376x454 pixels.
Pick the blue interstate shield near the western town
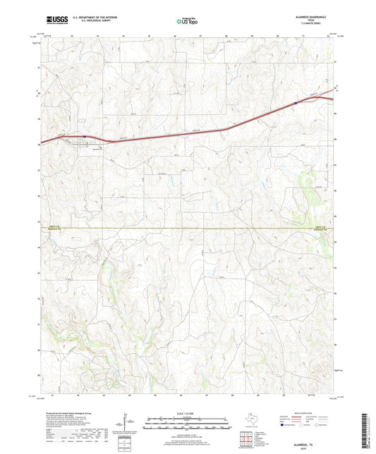(84, 137)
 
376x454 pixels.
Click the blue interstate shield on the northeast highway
(295, 103)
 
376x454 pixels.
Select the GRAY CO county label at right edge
(320, 226)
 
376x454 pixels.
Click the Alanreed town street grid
(82, 143)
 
